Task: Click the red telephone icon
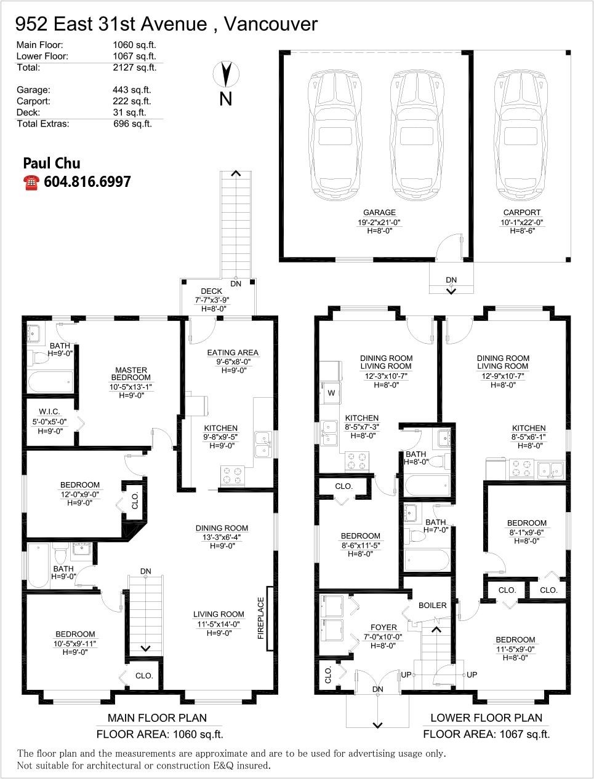[x=31, y=183]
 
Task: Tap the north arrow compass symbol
[x=226, y=74]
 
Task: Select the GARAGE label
[x=379, y=212]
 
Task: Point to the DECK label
[x=211, y=291]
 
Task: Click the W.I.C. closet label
[x=49, y=412]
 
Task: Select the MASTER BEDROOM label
[x=130, y=373]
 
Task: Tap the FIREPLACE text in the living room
[x=261, y=618]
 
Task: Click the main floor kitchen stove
[x=233, y=475]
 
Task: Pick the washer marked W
[x=331, y=393]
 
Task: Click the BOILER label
[x=432, y=605]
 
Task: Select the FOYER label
[x=383, y=627]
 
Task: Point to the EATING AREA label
[x=233, y=352]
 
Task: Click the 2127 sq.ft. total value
[x=135, y=68]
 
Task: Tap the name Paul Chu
[x=52, y=164]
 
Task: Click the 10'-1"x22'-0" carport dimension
[x=522, y=223]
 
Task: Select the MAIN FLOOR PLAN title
[x=157, y=718]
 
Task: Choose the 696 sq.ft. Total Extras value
[x=132, y=124]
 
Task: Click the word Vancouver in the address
[x=271, y=24]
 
